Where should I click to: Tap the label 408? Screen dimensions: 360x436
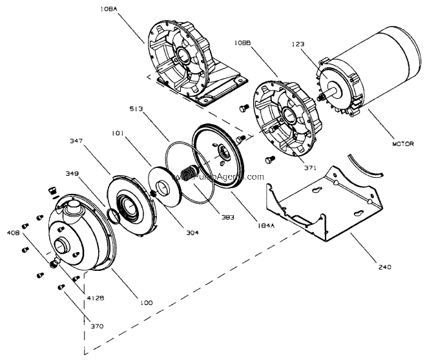coord(13,231)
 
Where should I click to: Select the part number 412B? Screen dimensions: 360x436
coord(96,298)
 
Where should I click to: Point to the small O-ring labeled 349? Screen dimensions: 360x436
coord(114,215)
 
